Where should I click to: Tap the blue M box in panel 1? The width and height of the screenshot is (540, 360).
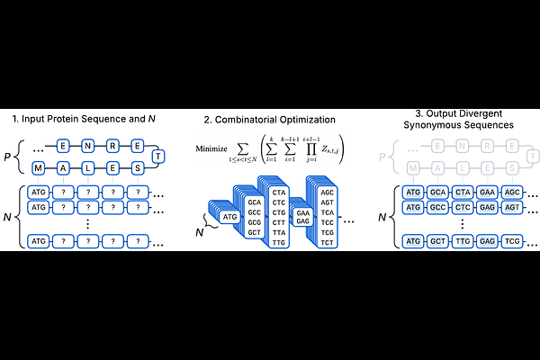point(39,168)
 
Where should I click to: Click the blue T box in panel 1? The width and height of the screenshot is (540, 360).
point(159,156)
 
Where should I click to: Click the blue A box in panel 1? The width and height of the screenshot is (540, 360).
point(63,168)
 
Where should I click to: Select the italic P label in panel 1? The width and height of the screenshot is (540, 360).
point(8,156)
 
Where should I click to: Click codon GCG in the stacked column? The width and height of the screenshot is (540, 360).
point(254,221)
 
